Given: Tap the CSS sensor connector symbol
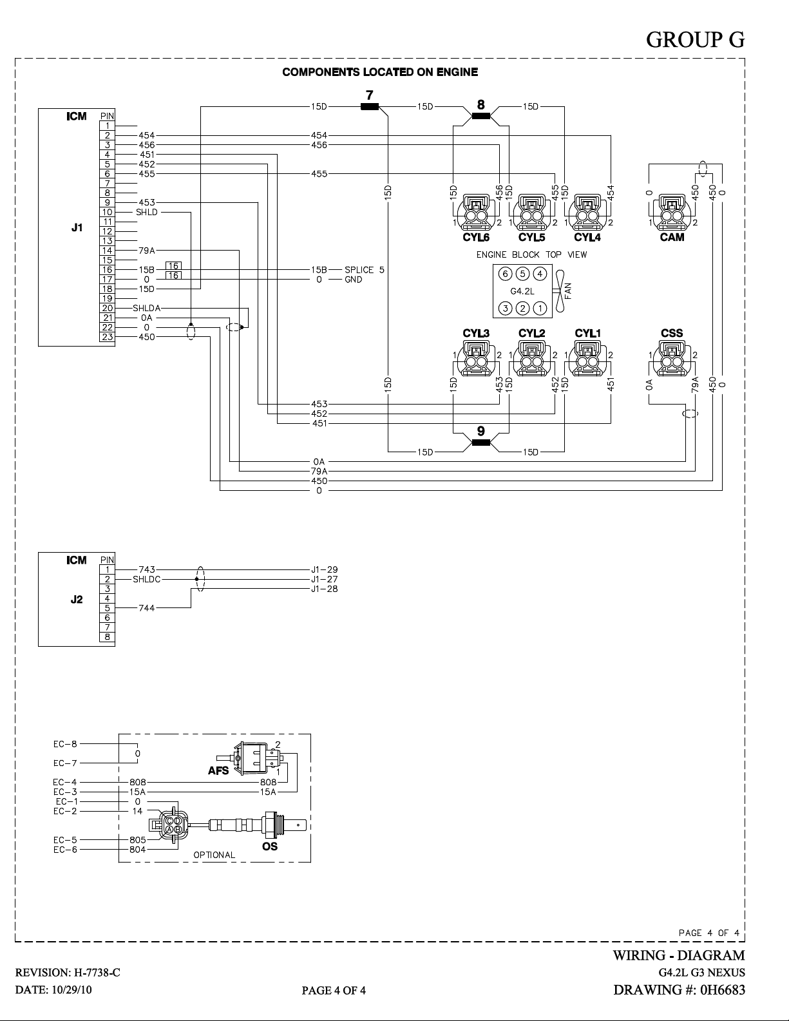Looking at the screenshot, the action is pyautogui.click(x=672, y=359).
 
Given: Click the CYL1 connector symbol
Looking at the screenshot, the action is pyautogui.click(x=587, y=359).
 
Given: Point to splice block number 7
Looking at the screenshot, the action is pyautogui.click(x=370, y=107).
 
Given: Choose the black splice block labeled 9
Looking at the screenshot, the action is pyautogui.click(x=480, y=443).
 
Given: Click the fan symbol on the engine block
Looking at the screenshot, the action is pyautogui.click(x=560, y=291).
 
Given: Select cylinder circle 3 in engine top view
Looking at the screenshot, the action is pyautogui.click(x=505, y=308).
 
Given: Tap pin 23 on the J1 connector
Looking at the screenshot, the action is pyautogui.click(x=107, y=337).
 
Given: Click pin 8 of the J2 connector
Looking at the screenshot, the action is pyautogui.click(x=107, y=637).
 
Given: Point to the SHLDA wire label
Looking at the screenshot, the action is pyautogui.click(x=147, y=308).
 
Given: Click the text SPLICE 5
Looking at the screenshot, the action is pyautogui.click(x=365, y=270).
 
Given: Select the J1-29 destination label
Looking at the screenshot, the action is pyautogui.click(x=324, y=569).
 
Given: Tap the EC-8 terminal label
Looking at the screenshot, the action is pyautogui.click(x=65, y=744).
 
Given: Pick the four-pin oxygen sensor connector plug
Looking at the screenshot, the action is pyautogui.click(x=169, y=825).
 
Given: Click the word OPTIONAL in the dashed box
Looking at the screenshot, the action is pyautogui.click(x=214, y=855).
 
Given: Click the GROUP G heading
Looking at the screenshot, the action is pyautogui.click(x=695, y=40).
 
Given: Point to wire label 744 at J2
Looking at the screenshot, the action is pyautogui.click(x=147, y=608).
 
